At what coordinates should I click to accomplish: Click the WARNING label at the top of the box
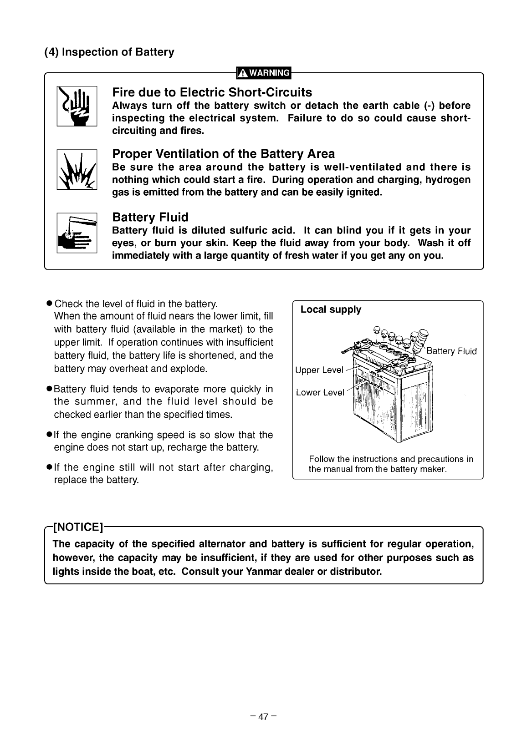click(264, 73)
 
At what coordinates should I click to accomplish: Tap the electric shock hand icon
click(77, 106)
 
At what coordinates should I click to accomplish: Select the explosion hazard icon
click(77, 169)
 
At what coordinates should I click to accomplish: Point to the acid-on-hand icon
click(77, 233)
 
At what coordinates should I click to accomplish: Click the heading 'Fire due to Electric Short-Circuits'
click(212, 92)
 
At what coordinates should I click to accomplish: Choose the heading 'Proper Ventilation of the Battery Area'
click(223, 154)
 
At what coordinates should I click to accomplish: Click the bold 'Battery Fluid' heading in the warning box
click(150, 217)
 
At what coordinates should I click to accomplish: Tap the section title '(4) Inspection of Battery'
click(109, 52)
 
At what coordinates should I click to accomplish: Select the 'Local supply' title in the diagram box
click(331, 309)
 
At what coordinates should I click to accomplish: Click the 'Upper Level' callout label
click(319, 370)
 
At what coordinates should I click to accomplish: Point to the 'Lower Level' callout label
click(320, 392)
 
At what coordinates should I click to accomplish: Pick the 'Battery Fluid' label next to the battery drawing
click(452, 351)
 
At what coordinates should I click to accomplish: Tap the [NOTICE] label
click(78, 527)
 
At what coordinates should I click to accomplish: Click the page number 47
click(263, 717)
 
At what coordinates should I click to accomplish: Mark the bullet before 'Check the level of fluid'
click(50, 303)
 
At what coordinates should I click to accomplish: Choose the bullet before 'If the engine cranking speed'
click(50, 434)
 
